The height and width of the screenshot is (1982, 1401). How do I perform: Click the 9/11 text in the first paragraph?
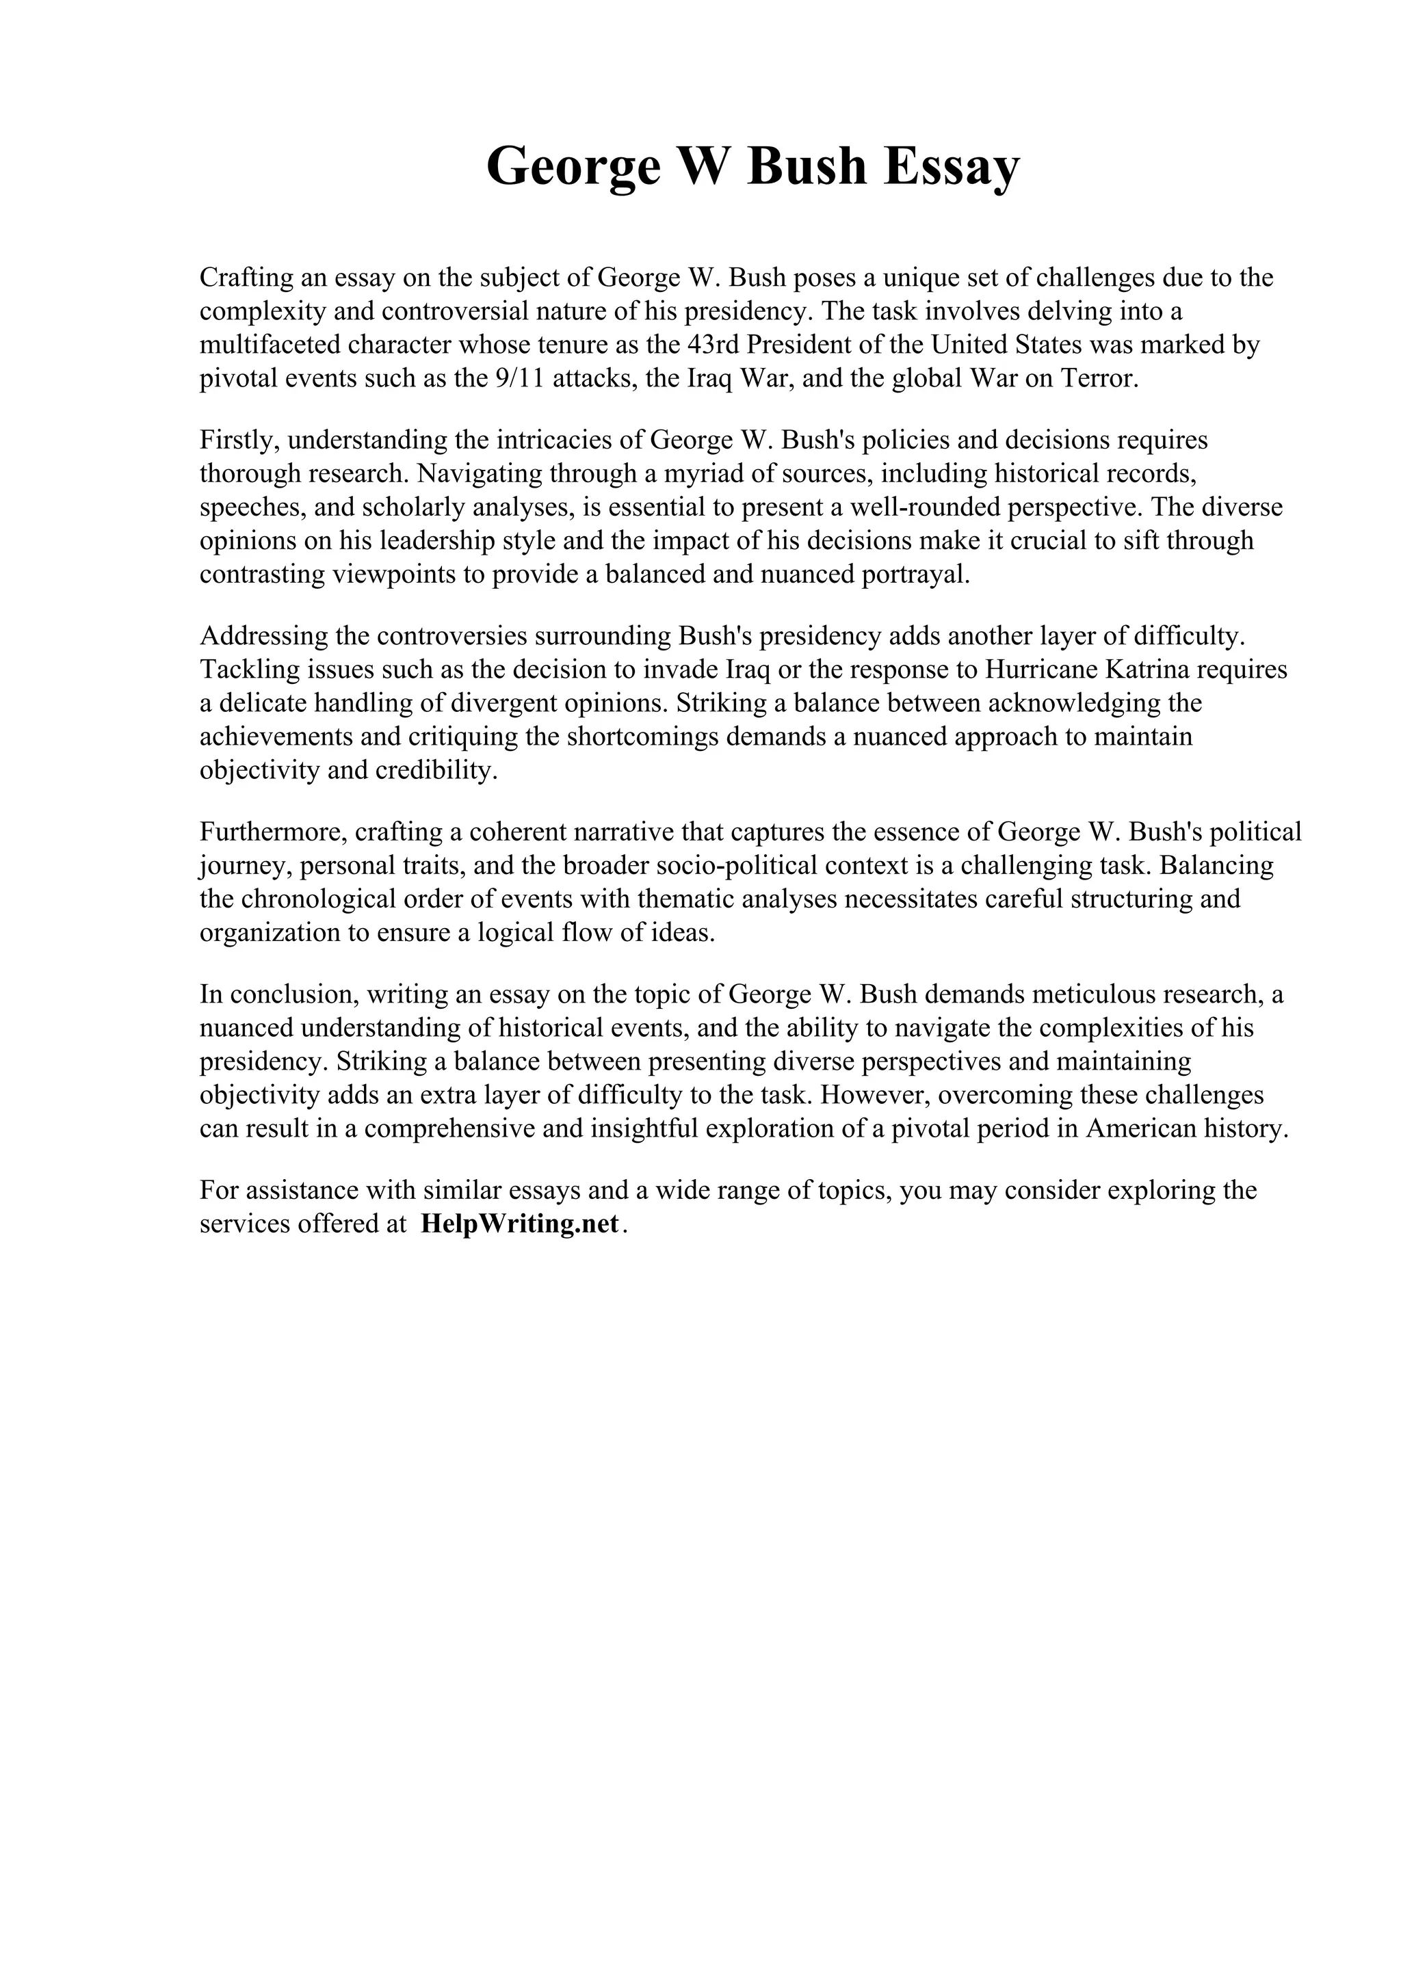pyautogui.click(x=521, y=379)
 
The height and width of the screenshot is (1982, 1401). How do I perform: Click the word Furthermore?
pyautogui.click(x=273, y=832)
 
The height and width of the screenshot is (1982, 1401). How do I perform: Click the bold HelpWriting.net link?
pyautogui.click(x=521, y=1224)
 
